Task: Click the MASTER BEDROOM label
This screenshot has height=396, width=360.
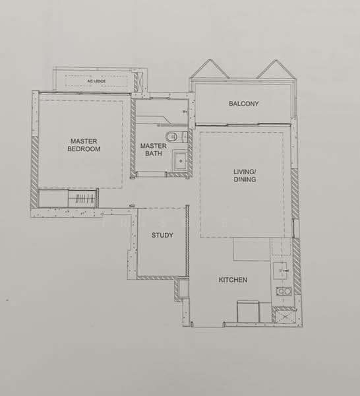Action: tap(84, 145)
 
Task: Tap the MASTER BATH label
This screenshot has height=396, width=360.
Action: tap(153, 150)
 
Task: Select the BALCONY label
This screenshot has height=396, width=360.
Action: tap(243, 104)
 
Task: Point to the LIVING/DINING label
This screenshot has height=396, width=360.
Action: tap(245, 175)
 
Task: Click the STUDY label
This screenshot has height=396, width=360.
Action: tap(162, 235)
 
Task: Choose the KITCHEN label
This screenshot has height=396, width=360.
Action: tap(233, 280)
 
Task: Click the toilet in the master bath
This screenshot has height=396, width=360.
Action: tap(172, 137)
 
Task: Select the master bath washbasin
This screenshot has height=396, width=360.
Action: tap(179, 160)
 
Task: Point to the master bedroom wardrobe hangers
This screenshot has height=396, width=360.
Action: tap(82, 199)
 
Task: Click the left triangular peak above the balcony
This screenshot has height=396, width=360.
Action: tap(209, 69)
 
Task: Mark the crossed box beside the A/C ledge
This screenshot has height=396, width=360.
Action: tap(138, 82)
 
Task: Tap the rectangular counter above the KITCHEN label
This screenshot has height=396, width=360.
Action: tap(252, 249)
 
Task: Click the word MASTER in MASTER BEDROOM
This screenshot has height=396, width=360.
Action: tap(84, 140)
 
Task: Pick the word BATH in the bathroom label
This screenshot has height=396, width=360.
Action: tap(153, 154)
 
